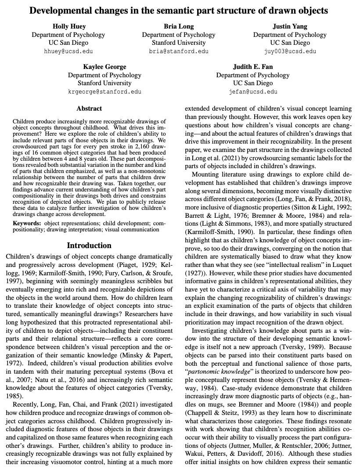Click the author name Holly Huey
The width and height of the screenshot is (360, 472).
coord(68,26)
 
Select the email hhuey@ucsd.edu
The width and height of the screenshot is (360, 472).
coord(68,51)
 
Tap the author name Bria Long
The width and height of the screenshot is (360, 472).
coord(179,26)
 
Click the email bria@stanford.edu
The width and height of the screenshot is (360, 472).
coord(179,51)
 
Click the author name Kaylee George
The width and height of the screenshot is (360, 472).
coord(104,67)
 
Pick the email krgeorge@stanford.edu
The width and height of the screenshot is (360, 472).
coord(104,92)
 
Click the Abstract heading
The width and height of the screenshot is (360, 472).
coord(89,108)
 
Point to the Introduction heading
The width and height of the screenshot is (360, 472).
coord(89,245)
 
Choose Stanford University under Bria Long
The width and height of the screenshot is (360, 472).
coord(179,43)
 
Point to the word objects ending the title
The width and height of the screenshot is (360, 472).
coord(314,11)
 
